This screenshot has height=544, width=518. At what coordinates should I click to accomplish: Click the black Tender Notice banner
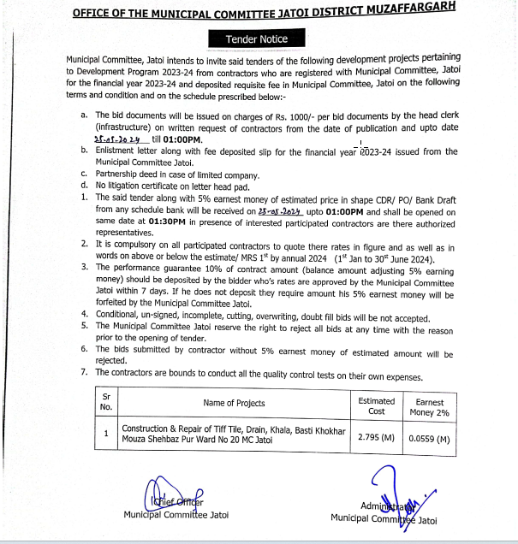tap(257, 39)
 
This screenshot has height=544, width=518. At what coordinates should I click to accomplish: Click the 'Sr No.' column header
tap(106, 402)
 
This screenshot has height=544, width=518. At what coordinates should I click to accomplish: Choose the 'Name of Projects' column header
tap(234, 403)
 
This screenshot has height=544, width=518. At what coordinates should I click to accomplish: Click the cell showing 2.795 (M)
tap(376, 439)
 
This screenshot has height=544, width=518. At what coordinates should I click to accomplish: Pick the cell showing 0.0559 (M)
tap(429, 439)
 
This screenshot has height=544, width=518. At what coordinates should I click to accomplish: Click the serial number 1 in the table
tap(106, 434)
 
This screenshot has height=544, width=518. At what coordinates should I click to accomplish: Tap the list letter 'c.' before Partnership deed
tap(83, 174)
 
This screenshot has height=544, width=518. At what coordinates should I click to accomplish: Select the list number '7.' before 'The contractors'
tap(83, 372)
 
